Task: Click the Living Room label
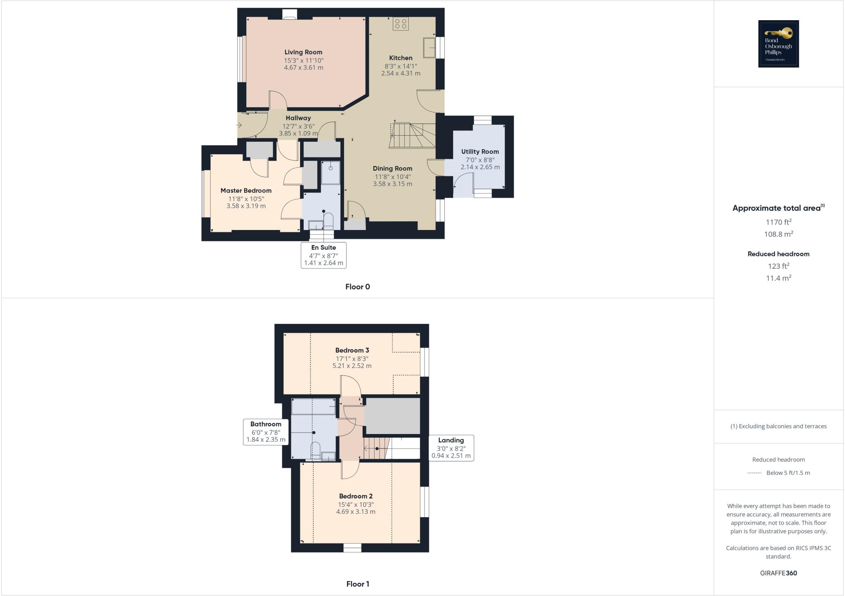coord(303,52)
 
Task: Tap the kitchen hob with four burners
coord(400,23)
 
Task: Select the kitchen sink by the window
coord(429,48)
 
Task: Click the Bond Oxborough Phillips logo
coord(778,44)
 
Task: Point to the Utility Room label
coord(480,152)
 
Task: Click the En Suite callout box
coord(323,255)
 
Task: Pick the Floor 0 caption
coord(358,287)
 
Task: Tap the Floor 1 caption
coord(358,584)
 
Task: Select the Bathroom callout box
coord(266,432)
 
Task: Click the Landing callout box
coord(451,448)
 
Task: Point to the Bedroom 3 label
coord(352,350)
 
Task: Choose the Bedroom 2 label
coord(356,496)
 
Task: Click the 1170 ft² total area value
coord(779,222)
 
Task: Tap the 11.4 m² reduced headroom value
coord(779,278)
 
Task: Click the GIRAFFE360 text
coord(779,573)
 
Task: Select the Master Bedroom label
coord(246,190)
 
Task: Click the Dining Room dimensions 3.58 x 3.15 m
coord(392,184)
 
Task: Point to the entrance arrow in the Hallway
coord(239,125)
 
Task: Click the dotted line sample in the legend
coord(754,473)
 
